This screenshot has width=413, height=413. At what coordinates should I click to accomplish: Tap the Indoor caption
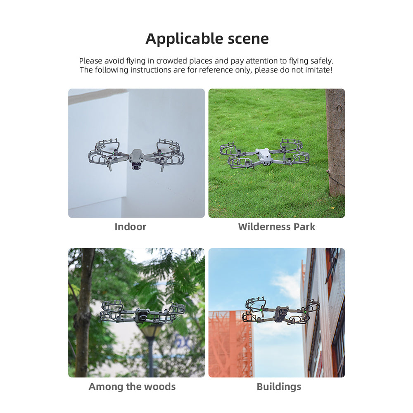pos(130,227)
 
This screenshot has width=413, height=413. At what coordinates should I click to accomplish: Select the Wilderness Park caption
pos(276,227)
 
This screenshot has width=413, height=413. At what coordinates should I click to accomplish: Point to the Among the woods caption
pos(132,387)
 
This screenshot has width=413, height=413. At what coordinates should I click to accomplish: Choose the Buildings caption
pos(279,387)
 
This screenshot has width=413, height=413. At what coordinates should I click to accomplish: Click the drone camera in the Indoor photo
pos(136,167)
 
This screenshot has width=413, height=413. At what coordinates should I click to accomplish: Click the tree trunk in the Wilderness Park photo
pos(335,140)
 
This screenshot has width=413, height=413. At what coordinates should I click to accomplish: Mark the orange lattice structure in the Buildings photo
pos(230,343)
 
